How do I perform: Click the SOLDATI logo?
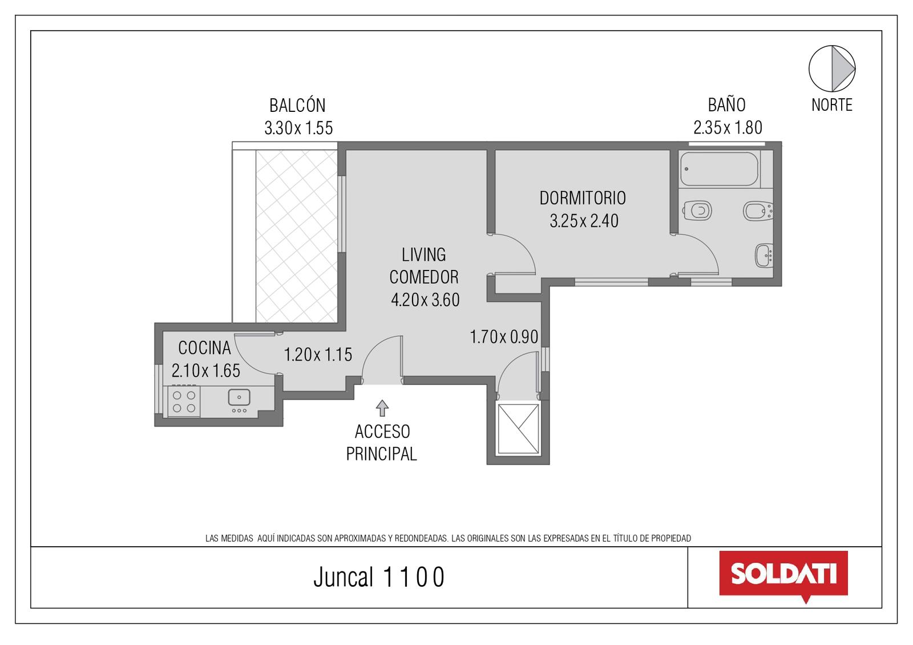tap(783, 576)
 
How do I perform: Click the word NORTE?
tap(832, 105)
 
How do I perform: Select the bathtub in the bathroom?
tap(720, 169)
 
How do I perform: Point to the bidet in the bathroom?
tap(758, 211)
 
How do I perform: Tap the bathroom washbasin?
tap(764, 256)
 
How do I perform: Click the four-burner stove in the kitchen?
tap(184, 402)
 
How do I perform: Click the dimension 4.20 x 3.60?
tap(425, 300)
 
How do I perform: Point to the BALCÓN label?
tap(297, 106)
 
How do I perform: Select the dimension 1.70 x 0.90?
tap(504, 337)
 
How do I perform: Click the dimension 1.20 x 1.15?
tap(318, 354)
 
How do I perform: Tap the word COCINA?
tap(205, 348)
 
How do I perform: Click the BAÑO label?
tap(727, 105)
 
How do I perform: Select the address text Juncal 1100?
tap(379, 577)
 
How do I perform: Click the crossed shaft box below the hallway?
tap(518, 429)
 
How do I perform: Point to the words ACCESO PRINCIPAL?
tap(382, 443)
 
